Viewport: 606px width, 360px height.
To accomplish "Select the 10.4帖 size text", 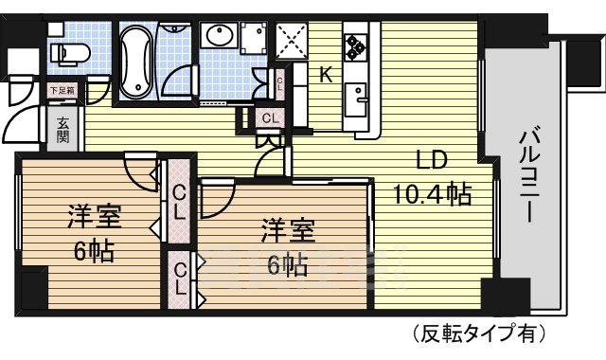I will point(433,194).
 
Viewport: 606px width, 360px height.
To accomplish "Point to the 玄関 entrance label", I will point(62,130).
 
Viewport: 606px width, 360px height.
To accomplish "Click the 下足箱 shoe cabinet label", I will point(61,91).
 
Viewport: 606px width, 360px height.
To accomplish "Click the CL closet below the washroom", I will point(269,118).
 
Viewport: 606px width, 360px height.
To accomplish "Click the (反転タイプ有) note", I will point(479,333).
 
